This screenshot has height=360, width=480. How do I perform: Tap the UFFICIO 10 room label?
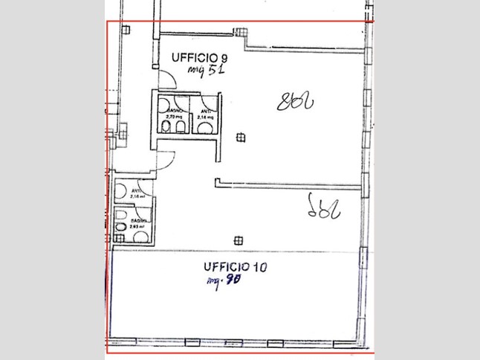coord(237,266)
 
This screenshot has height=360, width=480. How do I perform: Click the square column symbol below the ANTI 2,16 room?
coord(239,137)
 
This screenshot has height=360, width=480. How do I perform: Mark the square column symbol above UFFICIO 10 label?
coord(238,240)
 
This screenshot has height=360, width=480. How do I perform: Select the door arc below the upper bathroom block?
coord(167,158)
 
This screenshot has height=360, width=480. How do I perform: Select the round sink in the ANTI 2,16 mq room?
coord(203,127)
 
